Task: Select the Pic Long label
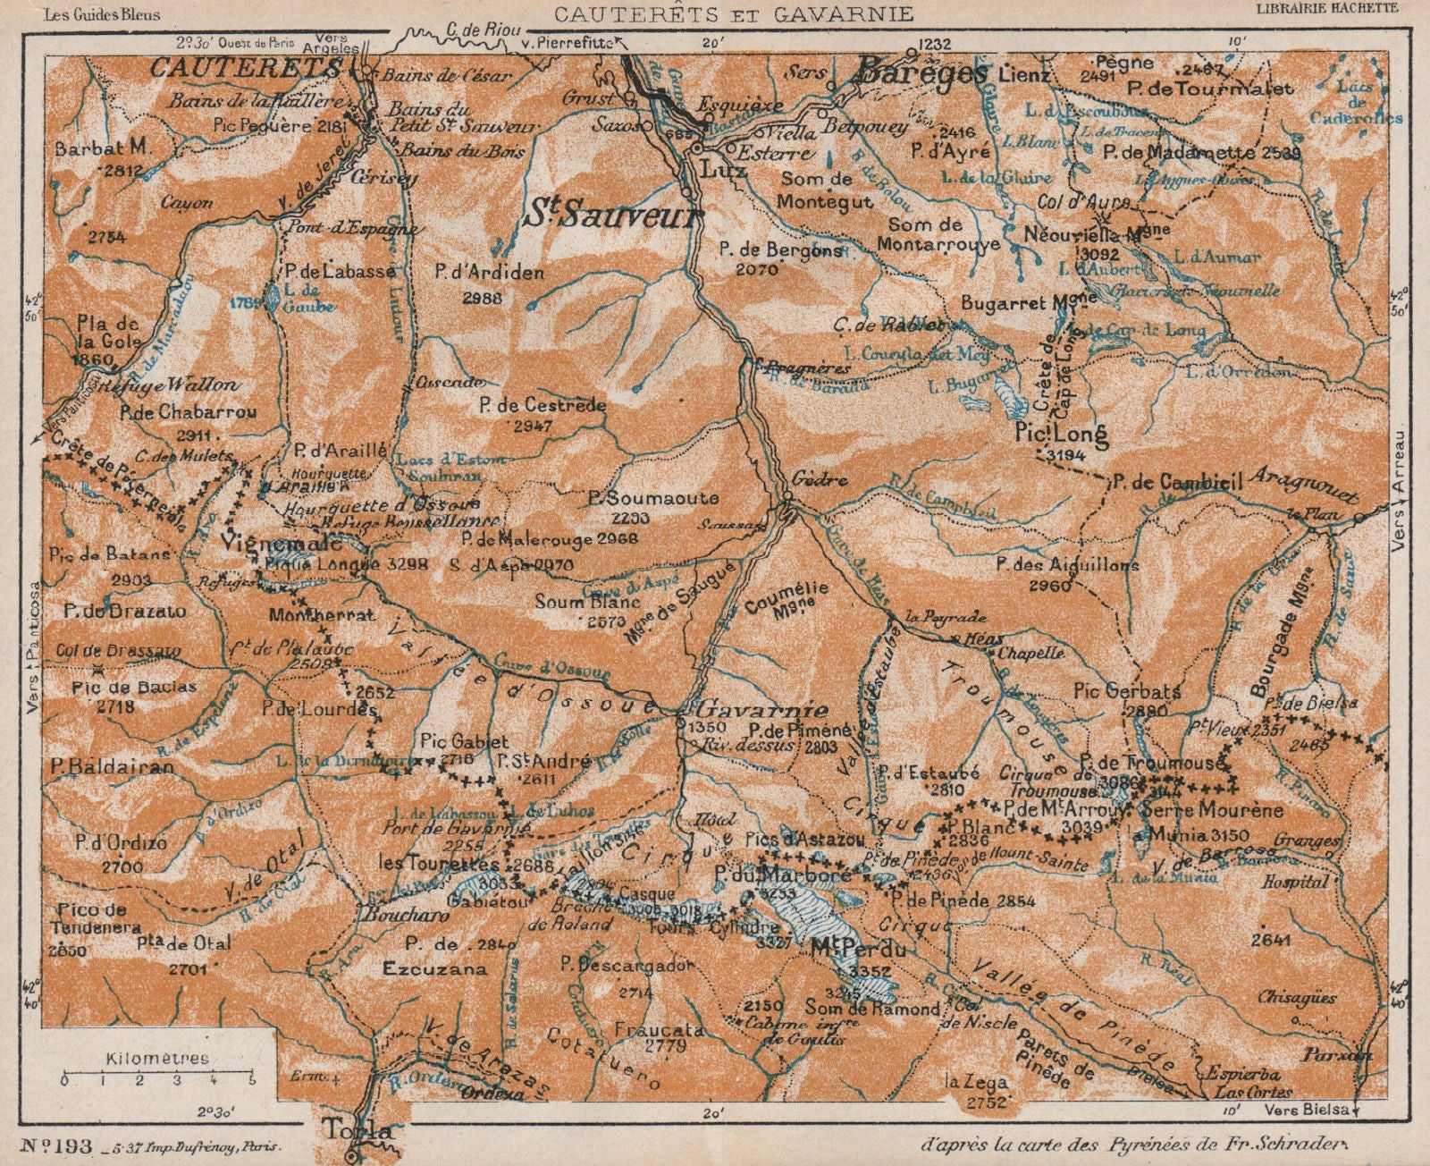click(x=1062, y=435)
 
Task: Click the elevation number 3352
click(x=871, y=971)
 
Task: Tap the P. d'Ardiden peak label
click(x=489, y=272)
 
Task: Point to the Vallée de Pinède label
click(x=1072, y=1010)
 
